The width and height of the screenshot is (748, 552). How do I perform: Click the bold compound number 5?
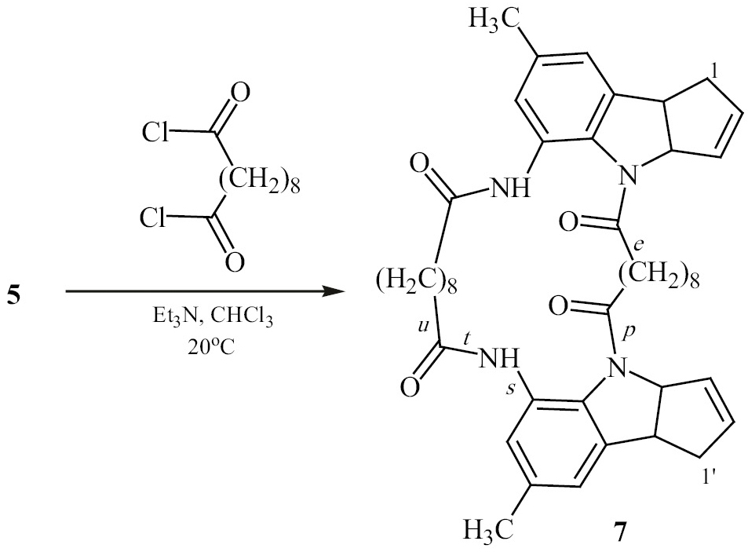coord(15,296)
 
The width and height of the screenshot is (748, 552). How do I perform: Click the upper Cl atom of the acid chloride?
coord(155,133)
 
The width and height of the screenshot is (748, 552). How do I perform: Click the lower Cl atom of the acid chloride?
coord(152,219)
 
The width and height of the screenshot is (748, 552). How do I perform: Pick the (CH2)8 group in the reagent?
coord(260,181)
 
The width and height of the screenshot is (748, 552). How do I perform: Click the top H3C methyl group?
coord(493,20)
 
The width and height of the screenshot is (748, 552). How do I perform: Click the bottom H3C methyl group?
coord(489,529)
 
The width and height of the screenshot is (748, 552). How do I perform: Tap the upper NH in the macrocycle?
coord(510,189)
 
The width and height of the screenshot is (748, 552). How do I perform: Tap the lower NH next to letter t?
coord(498,360)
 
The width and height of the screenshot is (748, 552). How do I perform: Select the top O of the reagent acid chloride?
coord(240,93)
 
